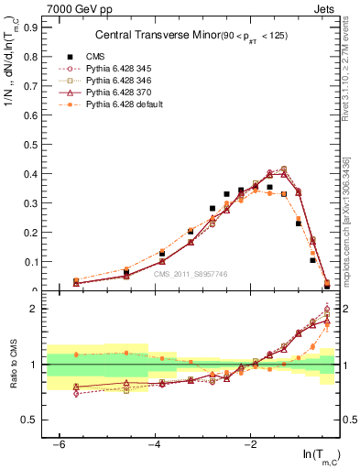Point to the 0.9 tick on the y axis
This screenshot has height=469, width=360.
pos(33,27)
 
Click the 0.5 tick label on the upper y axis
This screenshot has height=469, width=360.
pos(33,145)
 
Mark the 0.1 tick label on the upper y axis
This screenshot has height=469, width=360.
pos(33,262)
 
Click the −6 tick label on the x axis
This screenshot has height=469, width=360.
pos(59,445)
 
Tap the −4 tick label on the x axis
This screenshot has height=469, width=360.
pos(154,445)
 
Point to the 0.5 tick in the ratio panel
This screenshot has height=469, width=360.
pos(33,420)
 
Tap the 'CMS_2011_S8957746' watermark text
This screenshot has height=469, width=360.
pos(191,274)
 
